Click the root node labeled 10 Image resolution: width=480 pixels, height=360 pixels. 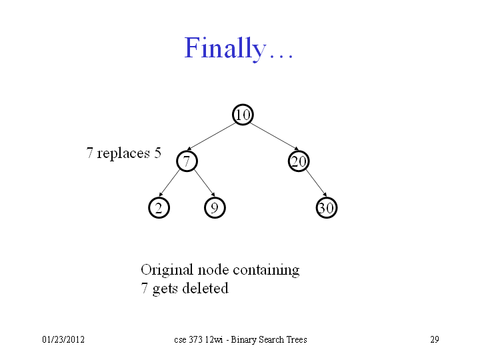pyautogui.click(x=243, y=115)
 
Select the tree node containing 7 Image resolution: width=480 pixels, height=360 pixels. pyautogui.click(x=187, y=161)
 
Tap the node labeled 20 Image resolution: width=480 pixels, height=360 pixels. pyautogui.click(x=299, y=161)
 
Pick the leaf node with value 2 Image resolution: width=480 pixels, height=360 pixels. pyautogui.click(x=159, y=208)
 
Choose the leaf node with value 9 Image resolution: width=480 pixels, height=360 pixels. pyautogui.click(x=215, y=208)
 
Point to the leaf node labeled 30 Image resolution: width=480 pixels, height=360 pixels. pyautogui.click(x=327, y=208)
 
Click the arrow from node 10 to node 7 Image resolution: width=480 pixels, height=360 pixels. pyautogui.click(x=211, y=137)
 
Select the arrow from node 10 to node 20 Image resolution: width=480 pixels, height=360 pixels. pyautogui.click(x=275, y=137)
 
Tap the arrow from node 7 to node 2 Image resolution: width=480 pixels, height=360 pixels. pyautogui.click(x=169, y=183)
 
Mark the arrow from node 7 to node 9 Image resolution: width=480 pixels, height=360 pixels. pyautogui.click(x=205, y=183)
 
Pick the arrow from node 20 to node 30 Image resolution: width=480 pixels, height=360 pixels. pyautogui.click(x=316, y=183)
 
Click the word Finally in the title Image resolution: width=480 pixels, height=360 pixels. pyautogui.click(x=225, y=48)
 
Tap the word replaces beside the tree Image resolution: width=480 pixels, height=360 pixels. pyautogui.click(x=123, y=153)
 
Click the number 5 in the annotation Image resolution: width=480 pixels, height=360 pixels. pyautogui.click(x=157, y=153)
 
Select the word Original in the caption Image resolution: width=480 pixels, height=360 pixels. pyautogui.click(x=167, y=270)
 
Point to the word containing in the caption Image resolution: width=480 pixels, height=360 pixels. pyautogui.click(x=266, y=270)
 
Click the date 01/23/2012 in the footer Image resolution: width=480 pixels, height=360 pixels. pyautogui.click(x=63, y=339)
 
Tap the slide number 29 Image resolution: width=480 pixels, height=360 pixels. pyautogui.click(x=435, y=339)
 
